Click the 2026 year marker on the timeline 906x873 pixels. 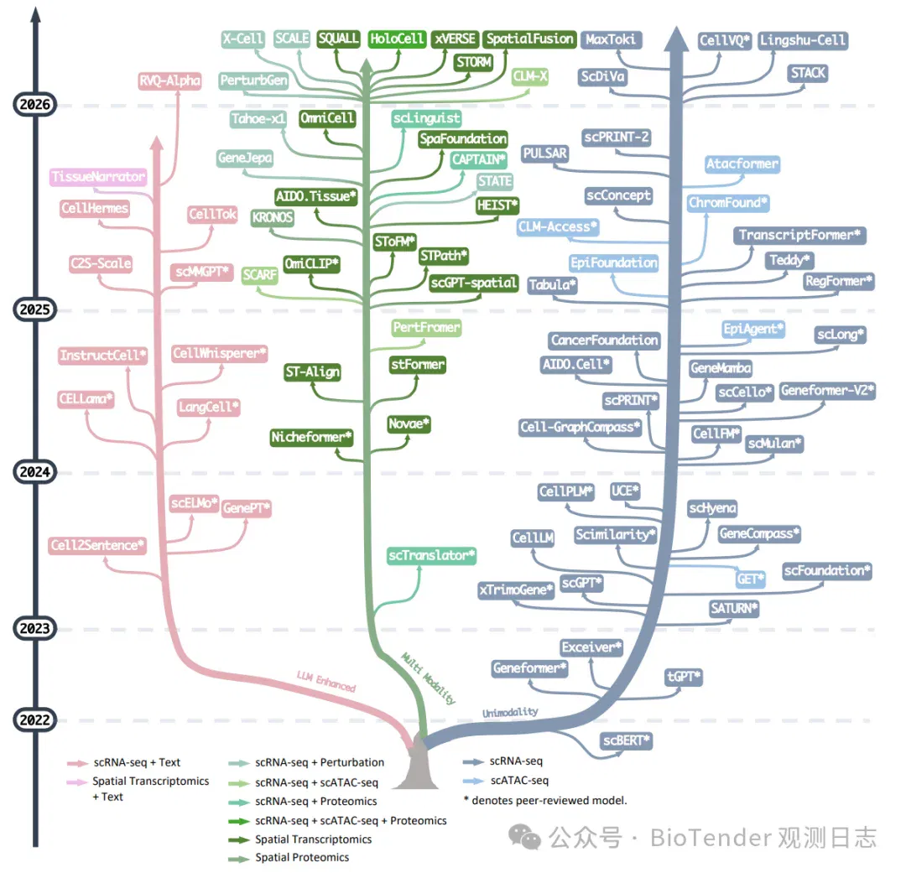(x=34, y=105)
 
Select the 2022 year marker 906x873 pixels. (x=34, y=720)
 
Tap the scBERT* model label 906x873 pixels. (x=627, y=740)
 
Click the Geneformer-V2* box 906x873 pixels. (x=827, y=391)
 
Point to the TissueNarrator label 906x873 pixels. (x=98, y=176)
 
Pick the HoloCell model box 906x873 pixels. (x=397, y=39)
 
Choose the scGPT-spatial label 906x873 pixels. (x=473, y=283)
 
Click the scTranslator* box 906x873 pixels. (x=432, y=556)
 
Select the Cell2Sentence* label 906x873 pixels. (x=97, y=545)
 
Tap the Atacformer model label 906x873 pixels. (x=742, y=164)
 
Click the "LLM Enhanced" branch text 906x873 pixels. (x=326, y=682)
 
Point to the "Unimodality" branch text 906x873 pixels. (x=510, y=712)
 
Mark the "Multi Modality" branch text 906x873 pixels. (x=429, y=678)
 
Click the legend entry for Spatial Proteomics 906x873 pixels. (x=302, y=858)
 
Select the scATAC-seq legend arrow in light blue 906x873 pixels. (x=473, y=781)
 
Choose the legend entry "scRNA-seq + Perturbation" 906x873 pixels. (x=320, y=762)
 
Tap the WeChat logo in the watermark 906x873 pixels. (x=524, y=837)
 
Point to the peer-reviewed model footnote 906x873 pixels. (x=545, y=801)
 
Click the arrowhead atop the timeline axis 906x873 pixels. (x=35, y=15)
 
